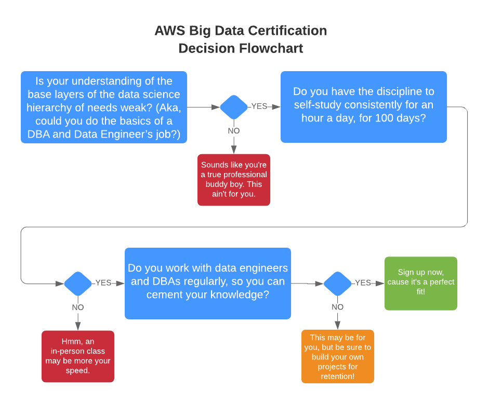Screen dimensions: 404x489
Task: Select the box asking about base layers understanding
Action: (103, 107)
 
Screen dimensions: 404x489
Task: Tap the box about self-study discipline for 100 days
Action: (363, 106)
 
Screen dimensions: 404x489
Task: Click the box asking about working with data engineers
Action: (207, 283)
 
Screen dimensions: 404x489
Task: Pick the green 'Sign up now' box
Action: (420, 283)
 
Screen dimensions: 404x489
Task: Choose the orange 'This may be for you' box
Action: (337, 356)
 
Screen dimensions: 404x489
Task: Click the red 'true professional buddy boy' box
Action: (234, 180)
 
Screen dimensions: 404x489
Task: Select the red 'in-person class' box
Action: (78, 356)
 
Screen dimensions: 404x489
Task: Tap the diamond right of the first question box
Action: (234, 107)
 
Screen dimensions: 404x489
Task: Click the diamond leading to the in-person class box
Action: (78, 284)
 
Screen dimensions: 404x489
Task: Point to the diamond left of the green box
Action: (338, 284)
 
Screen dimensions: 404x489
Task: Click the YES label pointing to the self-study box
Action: (259, 106)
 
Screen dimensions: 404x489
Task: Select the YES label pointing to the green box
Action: (363, 283)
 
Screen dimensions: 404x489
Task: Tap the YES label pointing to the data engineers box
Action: (103, 283)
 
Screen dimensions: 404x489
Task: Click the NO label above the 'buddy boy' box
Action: (234, 131)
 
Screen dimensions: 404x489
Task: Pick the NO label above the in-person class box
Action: (78, 307)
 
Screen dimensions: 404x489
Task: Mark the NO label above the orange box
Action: (338, 307)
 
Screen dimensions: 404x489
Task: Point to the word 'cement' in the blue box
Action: (165, 295)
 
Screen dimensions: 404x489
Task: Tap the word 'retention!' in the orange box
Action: (338, 375)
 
